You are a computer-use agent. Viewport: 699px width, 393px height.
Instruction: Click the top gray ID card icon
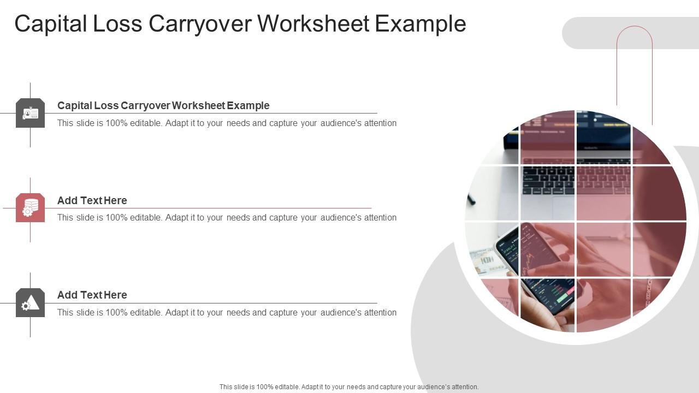click(30, 114)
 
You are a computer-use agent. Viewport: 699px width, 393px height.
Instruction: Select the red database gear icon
click(30, 208)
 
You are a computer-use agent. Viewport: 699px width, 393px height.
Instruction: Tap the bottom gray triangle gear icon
click(30, 303)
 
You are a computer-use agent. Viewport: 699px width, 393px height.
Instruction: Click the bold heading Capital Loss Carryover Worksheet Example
click(163, 105)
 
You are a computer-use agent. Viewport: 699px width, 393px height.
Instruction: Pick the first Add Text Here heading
click(92, 200)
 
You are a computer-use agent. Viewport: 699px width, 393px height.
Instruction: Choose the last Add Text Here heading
click(92, 295)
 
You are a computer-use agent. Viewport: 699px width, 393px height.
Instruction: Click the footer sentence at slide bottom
click(349, 387)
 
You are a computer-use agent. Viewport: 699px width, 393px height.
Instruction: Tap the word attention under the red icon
click(380, 218)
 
